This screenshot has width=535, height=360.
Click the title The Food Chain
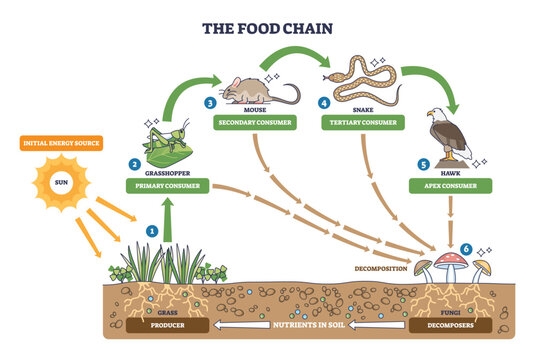coord(269,29)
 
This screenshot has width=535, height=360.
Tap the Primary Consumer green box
coord(167,185)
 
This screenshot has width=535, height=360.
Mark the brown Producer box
coord(167,325)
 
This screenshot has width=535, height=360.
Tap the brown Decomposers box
coord(448,325)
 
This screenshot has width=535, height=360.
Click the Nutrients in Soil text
coord(307,325)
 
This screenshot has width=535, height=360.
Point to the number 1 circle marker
coord(152,230)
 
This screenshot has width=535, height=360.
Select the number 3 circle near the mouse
coord(209,102)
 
